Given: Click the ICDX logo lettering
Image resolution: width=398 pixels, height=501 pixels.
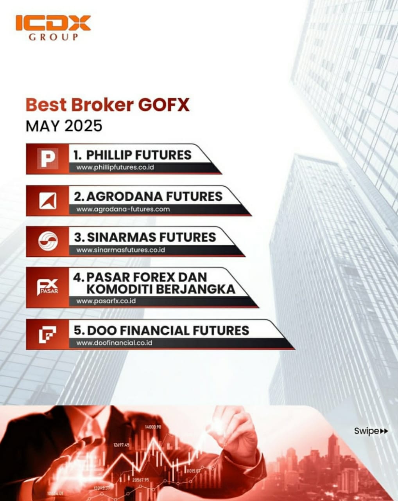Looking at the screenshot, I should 53,23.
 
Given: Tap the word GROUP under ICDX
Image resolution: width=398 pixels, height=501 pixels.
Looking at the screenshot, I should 53,37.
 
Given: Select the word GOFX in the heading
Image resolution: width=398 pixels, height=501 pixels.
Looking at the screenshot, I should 164,105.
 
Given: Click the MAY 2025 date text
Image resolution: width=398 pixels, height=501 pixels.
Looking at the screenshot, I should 64,126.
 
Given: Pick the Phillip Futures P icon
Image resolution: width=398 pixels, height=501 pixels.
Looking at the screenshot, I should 48,159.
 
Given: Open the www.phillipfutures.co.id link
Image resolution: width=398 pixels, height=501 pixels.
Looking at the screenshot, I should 115,168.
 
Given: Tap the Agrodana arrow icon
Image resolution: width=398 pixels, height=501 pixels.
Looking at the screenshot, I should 48,201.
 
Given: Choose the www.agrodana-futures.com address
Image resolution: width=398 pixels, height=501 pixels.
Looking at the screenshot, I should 123,209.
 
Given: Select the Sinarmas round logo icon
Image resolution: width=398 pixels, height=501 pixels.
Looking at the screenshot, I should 48,241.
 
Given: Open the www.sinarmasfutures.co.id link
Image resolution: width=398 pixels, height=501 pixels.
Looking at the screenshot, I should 120,250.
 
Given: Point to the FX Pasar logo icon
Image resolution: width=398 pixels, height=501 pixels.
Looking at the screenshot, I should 48,287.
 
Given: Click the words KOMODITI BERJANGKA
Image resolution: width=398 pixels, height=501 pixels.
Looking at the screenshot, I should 161,289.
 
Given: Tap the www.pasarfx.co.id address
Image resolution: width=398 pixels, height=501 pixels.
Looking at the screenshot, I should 106,301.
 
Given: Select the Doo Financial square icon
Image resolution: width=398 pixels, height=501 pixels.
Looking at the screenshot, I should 48,334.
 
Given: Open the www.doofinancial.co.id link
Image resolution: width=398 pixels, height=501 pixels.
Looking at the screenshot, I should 114,343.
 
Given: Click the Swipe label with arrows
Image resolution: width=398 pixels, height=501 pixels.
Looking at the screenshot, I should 371,431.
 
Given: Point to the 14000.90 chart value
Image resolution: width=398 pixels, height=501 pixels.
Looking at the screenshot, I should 153,427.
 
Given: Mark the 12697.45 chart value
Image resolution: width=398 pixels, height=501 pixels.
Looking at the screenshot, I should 121,445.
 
